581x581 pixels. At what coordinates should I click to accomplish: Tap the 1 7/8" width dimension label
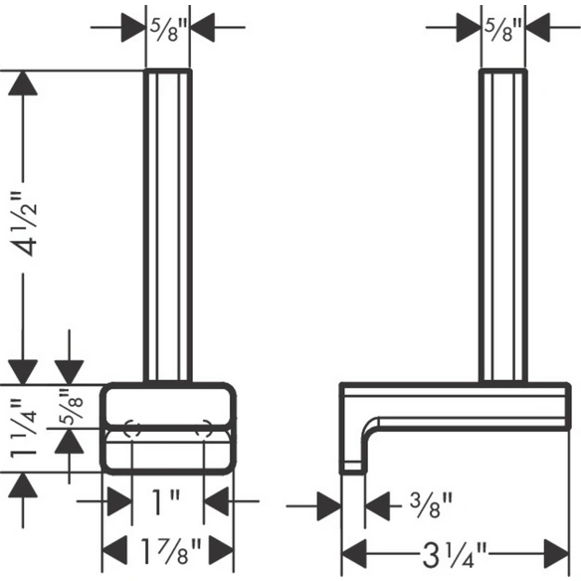point(171,550)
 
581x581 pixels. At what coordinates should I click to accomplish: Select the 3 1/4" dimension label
point(454,554)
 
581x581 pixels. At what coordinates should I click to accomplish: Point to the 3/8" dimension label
point(431,505)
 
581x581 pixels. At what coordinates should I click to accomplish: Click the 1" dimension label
point(166,501)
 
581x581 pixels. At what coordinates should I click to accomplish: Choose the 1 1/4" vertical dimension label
point(24,428)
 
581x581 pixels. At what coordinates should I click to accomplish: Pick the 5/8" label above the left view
point(167,28)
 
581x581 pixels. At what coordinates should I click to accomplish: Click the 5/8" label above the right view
point(502,28)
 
